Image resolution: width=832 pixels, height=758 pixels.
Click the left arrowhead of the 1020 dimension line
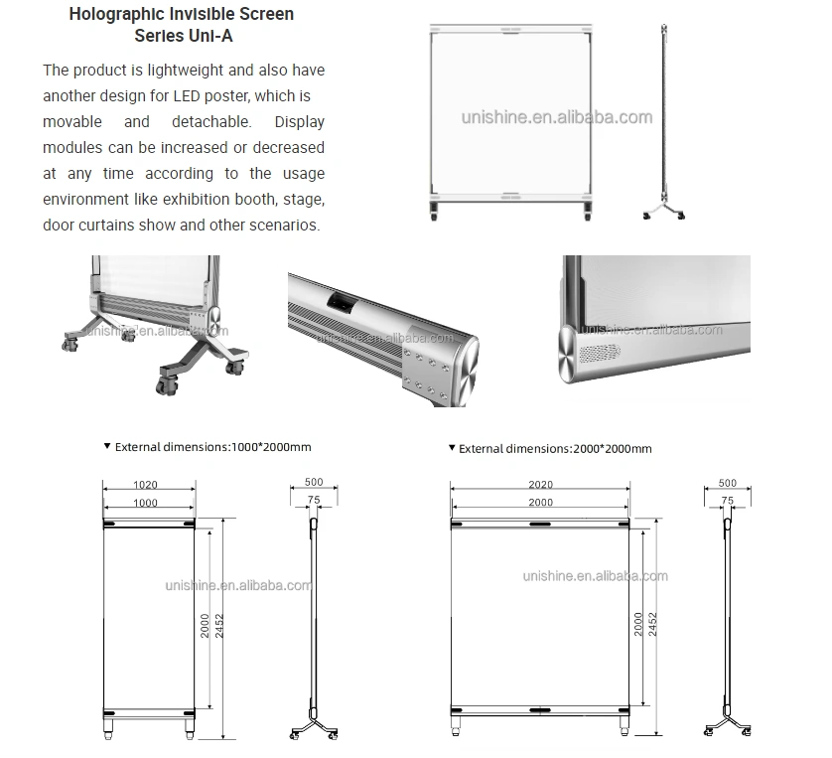[x=104, y=489]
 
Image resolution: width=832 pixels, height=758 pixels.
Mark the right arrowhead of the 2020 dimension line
[x=627, y=489]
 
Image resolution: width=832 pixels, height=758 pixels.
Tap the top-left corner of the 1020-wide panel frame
[x=103, y=519]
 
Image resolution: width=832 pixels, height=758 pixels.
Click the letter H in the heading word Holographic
[x=74, y=14]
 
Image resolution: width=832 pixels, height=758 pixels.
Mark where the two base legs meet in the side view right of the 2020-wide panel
[x=728, y=720]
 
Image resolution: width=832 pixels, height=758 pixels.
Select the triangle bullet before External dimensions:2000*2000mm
[x=452, y=447]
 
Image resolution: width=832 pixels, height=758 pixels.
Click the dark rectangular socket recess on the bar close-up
[x=341, y=301]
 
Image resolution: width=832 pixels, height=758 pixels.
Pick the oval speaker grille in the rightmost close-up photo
[x=600, y=353]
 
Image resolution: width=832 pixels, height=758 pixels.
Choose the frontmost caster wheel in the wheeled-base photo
[x=168, y=385]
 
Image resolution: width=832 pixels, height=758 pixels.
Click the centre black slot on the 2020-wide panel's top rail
[x=540, y=524]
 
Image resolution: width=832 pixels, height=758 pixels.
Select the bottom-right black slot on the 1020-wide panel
[x=189, y=713]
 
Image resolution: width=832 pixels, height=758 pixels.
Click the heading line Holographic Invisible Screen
[x=182, y=14]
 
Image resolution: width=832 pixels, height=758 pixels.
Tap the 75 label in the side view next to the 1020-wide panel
[x=314, y=500]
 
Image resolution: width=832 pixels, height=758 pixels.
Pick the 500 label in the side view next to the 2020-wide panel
[x=728, y=483]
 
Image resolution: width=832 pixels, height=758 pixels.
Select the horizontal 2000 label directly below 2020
[x=541, y=502]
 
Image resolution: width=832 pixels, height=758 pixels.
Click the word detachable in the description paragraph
[x=211, y=121]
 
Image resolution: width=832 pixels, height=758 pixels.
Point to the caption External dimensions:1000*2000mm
[x=212, y=447]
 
